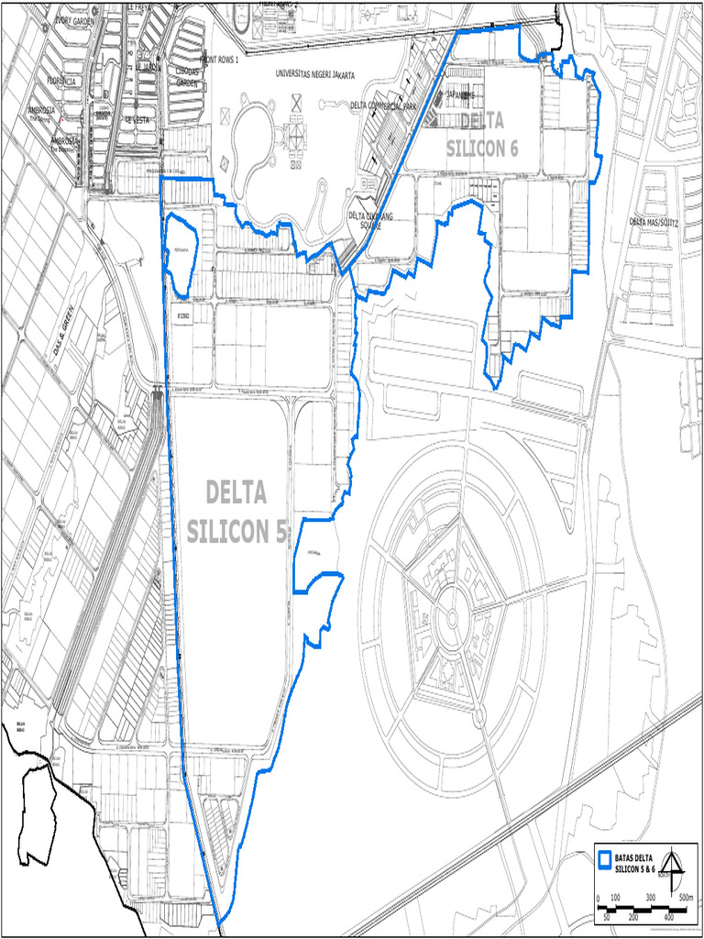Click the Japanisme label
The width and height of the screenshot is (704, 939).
(460, 94)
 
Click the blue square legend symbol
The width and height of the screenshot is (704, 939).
(604, 860)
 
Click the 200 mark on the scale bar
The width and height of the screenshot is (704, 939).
(633, 916)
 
